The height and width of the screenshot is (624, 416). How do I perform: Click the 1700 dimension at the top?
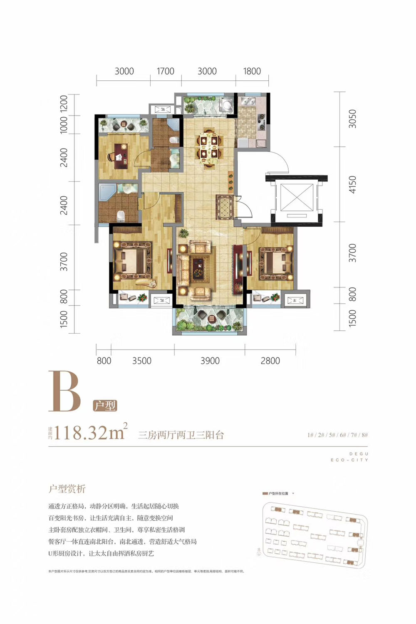click(x=165, y=71)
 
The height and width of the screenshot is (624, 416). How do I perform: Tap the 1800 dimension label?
click(x=252, y=71)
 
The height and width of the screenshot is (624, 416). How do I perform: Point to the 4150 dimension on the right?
click(x=353, y=184)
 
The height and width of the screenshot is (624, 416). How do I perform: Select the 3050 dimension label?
click(x=353, y=119)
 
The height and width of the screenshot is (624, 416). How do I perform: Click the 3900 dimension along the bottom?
click(x=210, y=361)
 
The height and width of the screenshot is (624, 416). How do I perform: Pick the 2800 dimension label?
click(x=270, y=361)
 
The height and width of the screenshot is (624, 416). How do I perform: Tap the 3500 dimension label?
click(x=142, y=361)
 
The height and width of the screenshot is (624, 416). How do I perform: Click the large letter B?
click(x=64, y=391)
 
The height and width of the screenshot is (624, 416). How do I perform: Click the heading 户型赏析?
click(x=67, y=489)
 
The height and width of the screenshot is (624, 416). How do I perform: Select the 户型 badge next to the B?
click(x=104, y=406)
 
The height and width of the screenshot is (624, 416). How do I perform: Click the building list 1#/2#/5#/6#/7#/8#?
click(x=337, y=435)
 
